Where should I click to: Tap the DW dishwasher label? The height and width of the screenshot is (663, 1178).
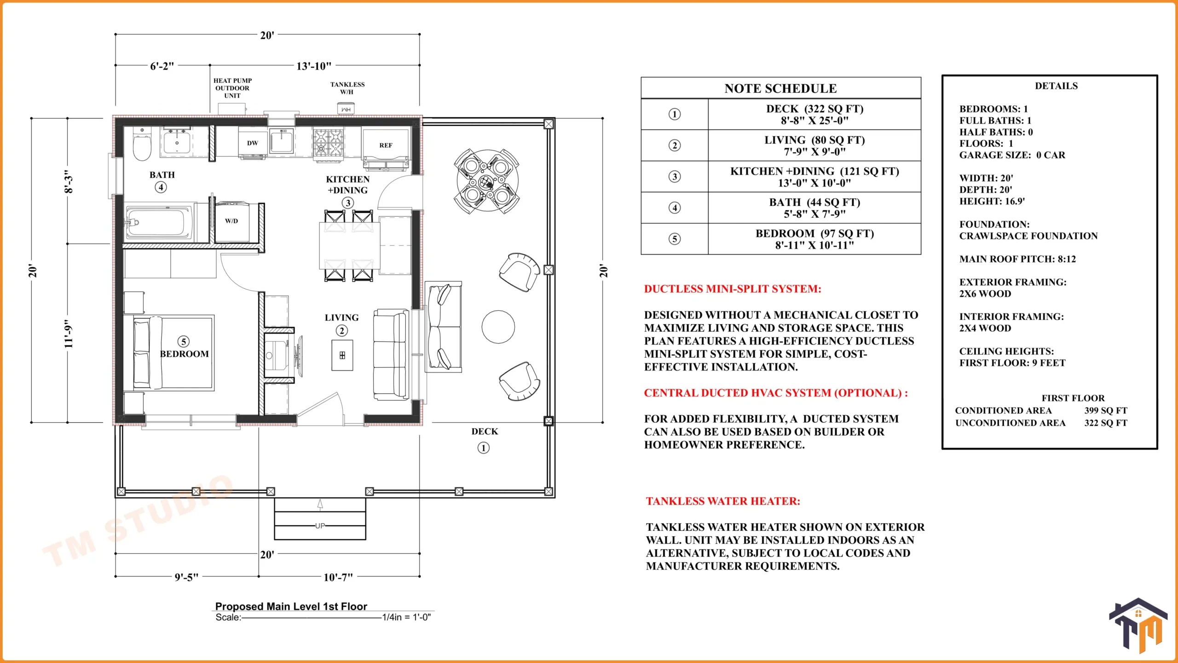253,143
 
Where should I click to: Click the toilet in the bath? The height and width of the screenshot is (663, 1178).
142,144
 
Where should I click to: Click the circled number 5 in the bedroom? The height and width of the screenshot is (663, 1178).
184,342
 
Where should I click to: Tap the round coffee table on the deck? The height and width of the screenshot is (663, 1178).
498,327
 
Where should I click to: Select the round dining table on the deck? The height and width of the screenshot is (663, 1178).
487,180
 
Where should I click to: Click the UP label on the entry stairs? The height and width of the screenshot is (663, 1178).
320,526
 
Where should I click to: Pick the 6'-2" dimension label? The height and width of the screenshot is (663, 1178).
162,66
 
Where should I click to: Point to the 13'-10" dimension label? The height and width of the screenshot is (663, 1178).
314,66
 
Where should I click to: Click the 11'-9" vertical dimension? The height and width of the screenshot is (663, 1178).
69,334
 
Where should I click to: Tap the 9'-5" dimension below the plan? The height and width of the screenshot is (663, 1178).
186,577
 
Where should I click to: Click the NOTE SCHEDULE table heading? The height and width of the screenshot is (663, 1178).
780,88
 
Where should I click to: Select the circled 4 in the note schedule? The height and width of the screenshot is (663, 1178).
675,208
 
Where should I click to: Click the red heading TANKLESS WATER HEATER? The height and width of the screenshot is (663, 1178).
723,501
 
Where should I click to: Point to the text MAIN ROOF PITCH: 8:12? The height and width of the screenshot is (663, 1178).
1017,259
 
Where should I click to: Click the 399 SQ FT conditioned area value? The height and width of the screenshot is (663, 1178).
1106,410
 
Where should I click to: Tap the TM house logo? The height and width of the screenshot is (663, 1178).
1138,625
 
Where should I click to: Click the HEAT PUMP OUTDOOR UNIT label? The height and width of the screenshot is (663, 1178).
232,88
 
